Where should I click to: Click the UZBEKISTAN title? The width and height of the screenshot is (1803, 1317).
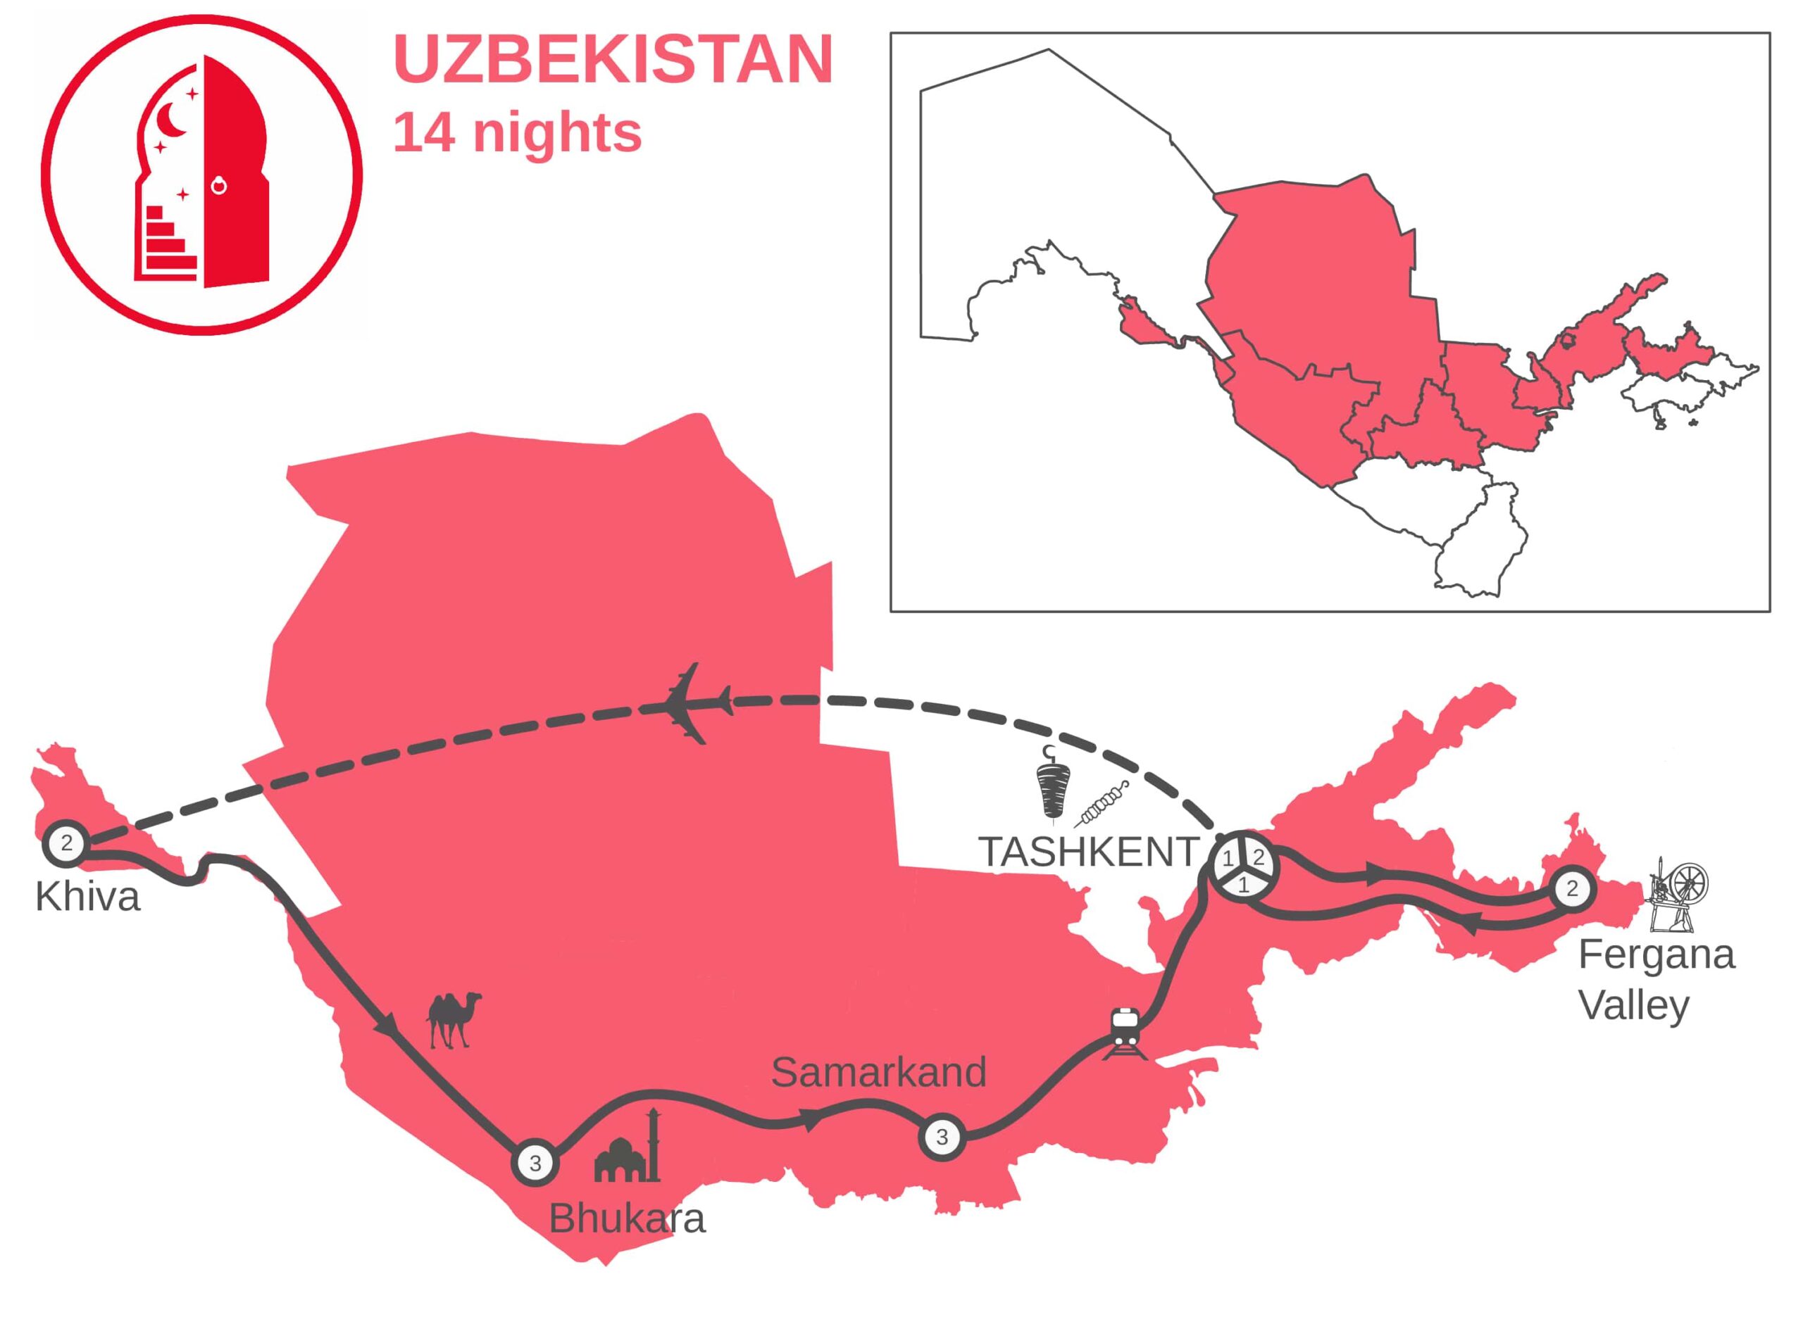[x=613, y=60]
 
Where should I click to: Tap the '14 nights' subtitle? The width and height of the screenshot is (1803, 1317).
[x=517, y=133]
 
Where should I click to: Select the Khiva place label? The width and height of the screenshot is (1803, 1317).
[x=88, y=897]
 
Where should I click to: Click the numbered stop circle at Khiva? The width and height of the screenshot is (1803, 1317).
[x=66, y=843]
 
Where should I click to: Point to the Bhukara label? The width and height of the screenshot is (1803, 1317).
[x=627, y=1219]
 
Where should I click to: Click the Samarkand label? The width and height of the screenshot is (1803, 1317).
[x=878, y=1072]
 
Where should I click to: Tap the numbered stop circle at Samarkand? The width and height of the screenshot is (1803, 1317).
[x=942, y=1137]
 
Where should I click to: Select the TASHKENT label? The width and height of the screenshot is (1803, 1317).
[x=1089, y=852]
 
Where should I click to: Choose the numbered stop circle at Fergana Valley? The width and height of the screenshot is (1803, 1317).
[x=1572, y=889]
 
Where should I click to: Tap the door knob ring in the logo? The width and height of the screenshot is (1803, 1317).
[x=218, y=187]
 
